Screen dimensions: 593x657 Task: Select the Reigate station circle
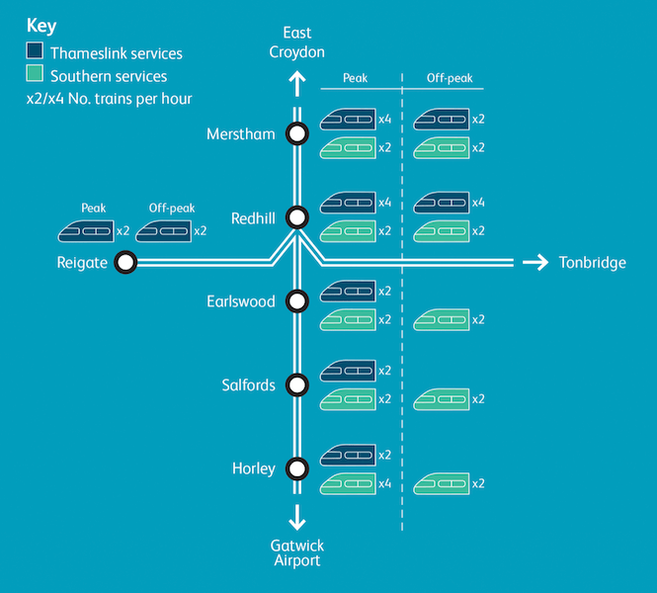pos(125,262)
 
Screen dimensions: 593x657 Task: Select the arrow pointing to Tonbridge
pos(534,262)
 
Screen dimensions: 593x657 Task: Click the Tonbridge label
pos(592,263)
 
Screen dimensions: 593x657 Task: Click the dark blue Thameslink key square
pos(35,53)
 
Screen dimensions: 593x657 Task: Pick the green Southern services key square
pos(35,75)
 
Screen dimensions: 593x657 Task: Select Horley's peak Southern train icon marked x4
pos(348,483)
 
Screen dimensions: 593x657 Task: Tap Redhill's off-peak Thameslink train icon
pos(441,203)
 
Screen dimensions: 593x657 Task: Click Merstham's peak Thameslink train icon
pos(348,119)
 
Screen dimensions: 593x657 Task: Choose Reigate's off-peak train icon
pos(163,231)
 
